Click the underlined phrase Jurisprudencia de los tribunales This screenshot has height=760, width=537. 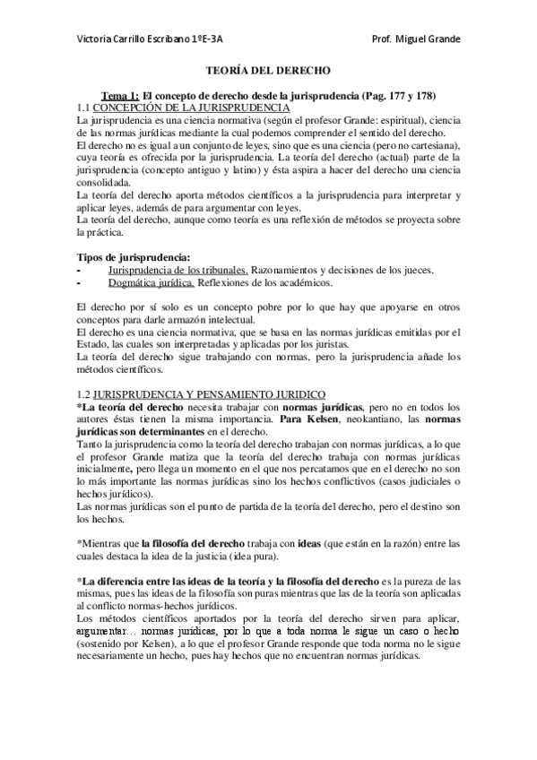click(178, 270)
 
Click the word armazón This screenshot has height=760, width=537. click(191, 320)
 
